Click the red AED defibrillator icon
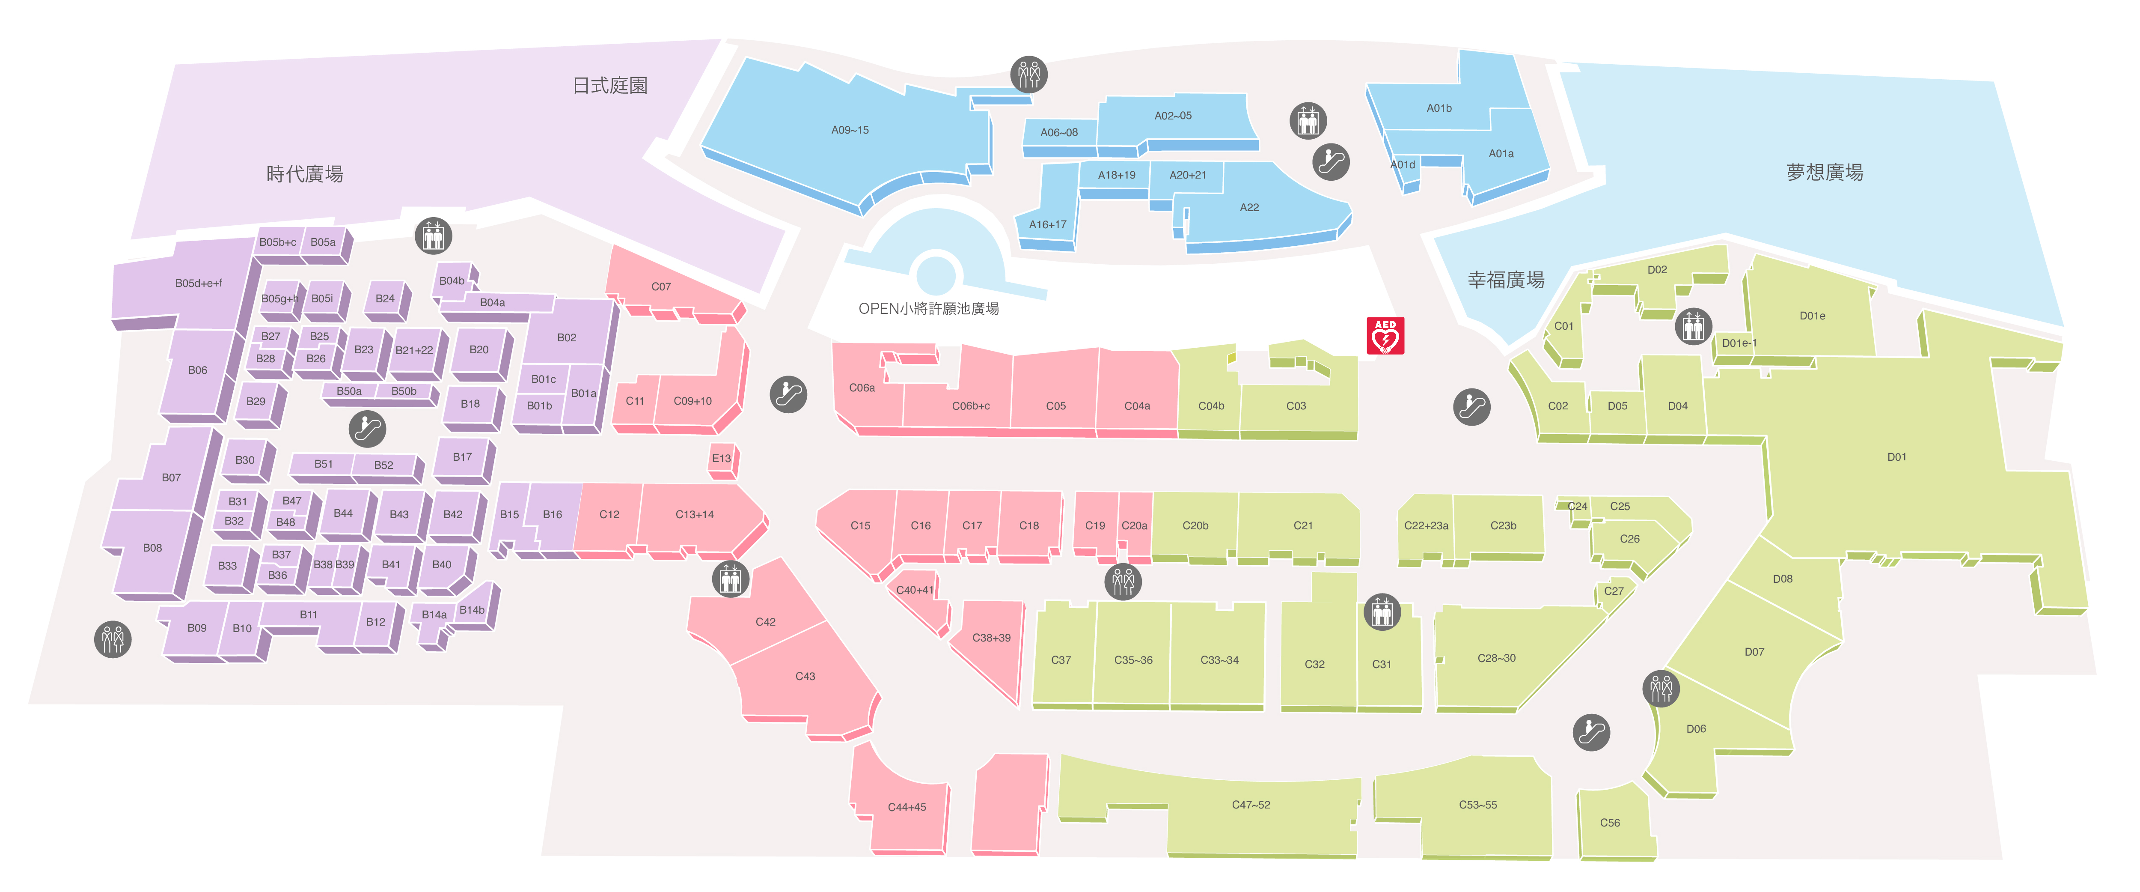coord(1385,336)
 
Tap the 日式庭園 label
coord(610,86)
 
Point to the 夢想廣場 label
coord(1824,172)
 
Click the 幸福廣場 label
coord(1505,280)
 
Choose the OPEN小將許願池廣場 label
coord(928,308)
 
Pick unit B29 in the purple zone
coord(256,402)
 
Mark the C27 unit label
coord(1613,591)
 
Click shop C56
coord(1609,823)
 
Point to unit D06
coord(1696,729)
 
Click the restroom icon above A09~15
coord(1028,74)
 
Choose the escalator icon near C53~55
coord(1591,732)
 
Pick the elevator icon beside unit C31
coord(1382,613)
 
